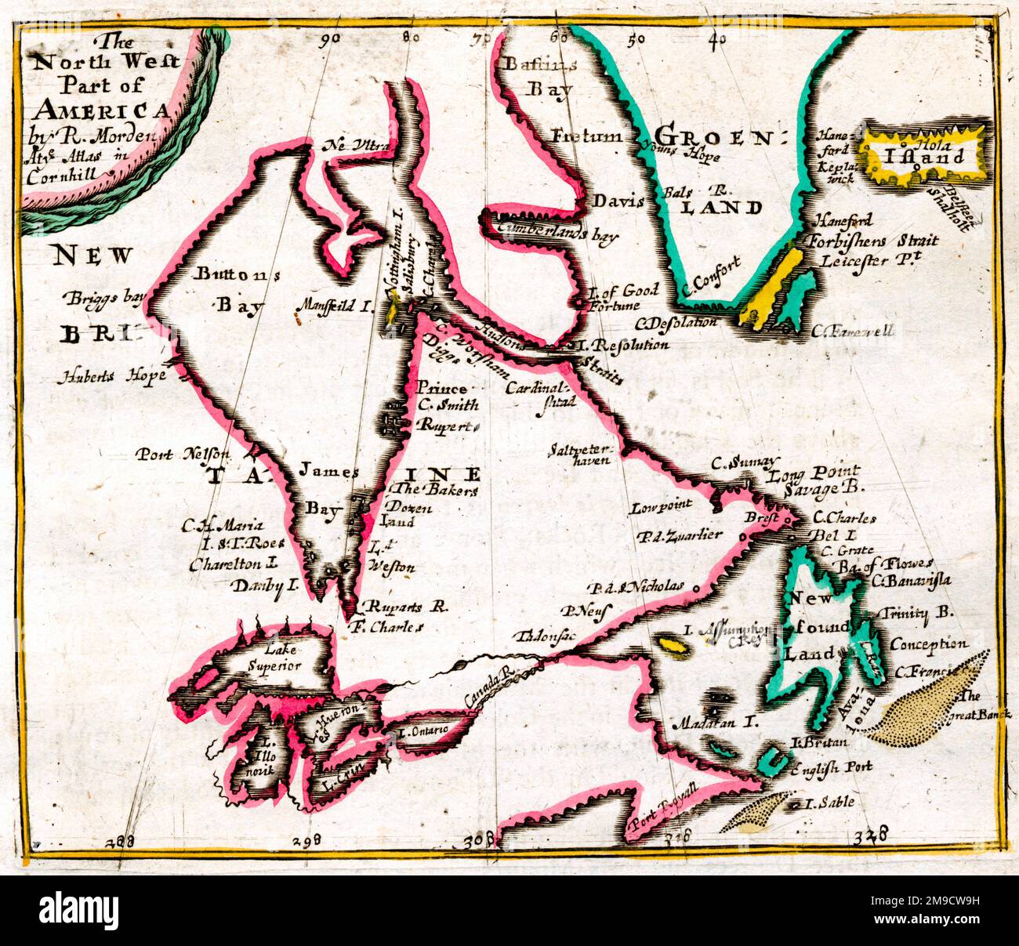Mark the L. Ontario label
click(423, 730)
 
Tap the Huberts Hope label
click(111, 376)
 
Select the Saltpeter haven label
click(580, 455)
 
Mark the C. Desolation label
click(676, 322)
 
